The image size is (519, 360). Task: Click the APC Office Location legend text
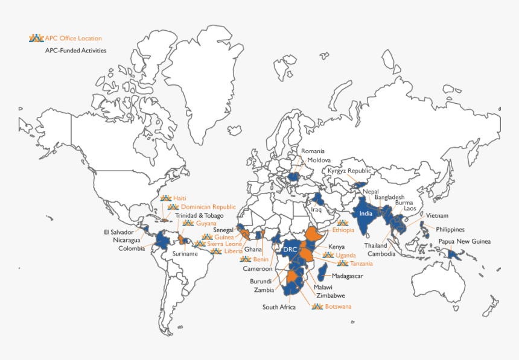(73, 39)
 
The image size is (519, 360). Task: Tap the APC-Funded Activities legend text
(75, 51)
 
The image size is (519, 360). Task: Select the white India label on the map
(366, 213)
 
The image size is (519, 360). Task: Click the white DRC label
(290, 250)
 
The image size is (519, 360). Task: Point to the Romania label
(313, 151)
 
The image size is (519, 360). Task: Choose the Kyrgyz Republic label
(349, 171)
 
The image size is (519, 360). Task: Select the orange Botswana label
(338, 306)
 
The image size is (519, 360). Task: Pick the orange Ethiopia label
(343, 230)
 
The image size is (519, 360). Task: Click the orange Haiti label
(180, 198)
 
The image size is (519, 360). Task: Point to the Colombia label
(132, 248)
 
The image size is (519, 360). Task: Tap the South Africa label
(279, 308)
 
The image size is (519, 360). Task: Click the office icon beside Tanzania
(343, 264)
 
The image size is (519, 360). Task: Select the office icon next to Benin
(245, 259)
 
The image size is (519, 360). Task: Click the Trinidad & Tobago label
(199, 215)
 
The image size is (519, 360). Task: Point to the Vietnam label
(437, 215)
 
